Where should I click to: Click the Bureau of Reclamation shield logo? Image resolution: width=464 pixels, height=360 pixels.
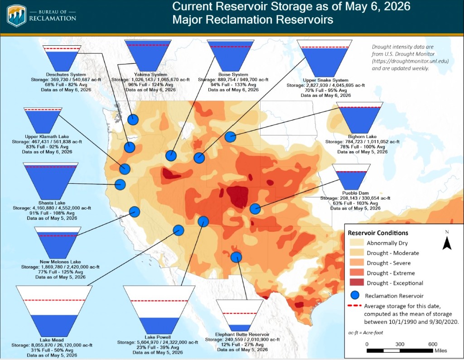coord(17,16)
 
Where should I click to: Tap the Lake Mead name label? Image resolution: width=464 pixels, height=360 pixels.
coord(52,340)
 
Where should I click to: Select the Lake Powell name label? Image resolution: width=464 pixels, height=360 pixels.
coord(158,337)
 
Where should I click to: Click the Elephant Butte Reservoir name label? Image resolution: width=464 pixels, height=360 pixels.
coord(242,334)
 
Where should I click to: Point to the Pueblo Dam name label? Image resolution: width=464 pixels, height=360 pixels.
coord(355,193)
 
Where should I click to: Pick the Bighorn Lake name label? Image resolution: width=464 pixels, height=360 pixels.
coord(362,137)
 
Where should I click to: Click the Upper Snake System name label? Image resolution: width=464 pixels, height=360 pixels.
coord(325,80)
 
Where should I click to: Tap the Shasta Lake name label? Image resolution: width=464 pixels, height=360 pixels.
coord(52,203)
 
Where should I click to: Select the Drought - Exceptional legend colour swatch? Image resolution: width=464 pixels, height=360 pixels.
coord(356,283)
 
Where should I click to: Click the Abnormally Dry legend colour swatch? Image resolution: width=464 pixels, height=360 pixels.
coord(356,243)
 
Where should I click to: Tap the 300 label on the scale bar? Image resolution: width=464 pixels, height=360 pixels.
coord(400,344)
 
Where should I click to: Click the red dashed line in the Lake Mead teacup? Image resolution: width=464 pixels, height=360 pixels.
coord(54,300)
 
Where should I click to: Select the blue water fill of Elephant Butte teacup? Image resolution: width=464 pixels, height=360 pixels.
coord(240,327)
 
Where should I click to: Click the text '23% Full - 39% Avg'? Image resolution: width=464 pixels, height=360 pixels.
coord(158,347)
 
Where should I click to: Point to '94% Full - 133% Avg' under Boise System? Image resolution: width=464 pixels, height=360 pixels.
coord(233,85)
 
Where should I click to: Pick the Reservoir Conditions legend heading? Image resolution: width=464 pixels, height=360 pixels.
coord(378,233)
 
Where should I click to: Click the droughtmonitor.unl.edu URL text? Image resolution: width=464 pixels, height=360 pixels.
coord(410,61)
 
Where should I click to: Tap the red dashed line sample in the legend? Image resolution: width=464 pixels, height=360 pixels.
coord(354,306)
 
